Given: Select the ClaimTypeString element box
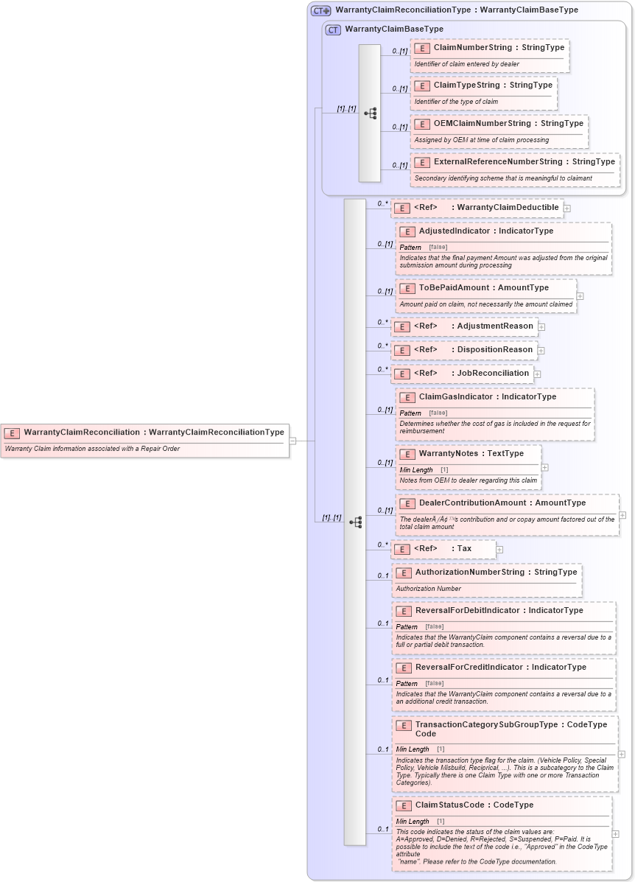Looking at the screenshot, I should coord(483,93).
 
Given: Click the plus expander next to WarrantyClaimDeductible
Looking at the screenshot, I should coord(566,209).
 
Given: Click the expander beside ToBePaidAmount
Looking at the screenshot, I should coord(580,296).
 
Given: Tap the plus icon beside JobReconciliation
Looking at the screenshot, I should coord(537,374).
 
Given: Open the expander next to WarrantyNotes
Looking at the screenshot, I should coord(544,467).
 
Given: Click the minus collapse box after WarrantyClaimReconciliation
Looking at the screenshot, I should coord(292,441).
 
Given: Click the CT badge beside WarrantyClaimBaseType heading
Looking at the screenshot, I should coord(333,29).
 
